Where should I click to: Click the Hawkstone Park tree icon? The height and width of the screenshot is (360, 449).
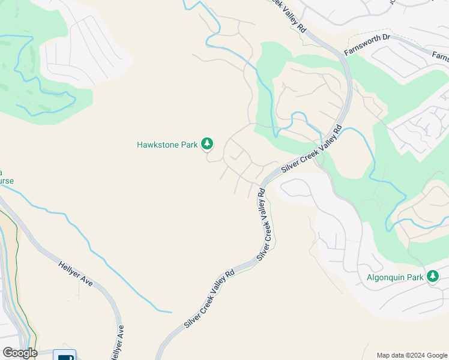pos(207,143)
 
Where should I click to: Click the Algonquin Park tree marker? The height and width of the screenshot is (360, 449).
pos(432,277)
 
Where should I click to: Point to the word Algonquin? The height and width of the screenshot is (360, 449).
pos(387,278)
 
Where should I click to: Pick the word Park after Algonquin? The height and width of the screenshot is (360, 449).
pos(416,278)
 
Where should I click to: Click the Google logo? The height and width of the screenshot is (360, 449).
pos(20,353)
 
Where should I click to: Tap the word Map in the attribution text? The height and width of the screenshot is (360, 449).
pos(383,355)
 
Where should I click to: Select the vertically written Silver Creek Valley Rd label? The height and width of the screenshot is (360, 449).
pos(264,224)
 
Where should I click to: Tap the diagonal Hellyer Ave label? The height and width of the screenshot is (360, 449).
pos(76,274)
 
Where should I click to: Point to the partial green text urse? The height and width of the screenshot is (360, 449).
pos(6,181)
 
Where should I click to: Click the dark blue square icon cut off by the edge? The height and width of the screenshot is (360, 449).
pos(65,355)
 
